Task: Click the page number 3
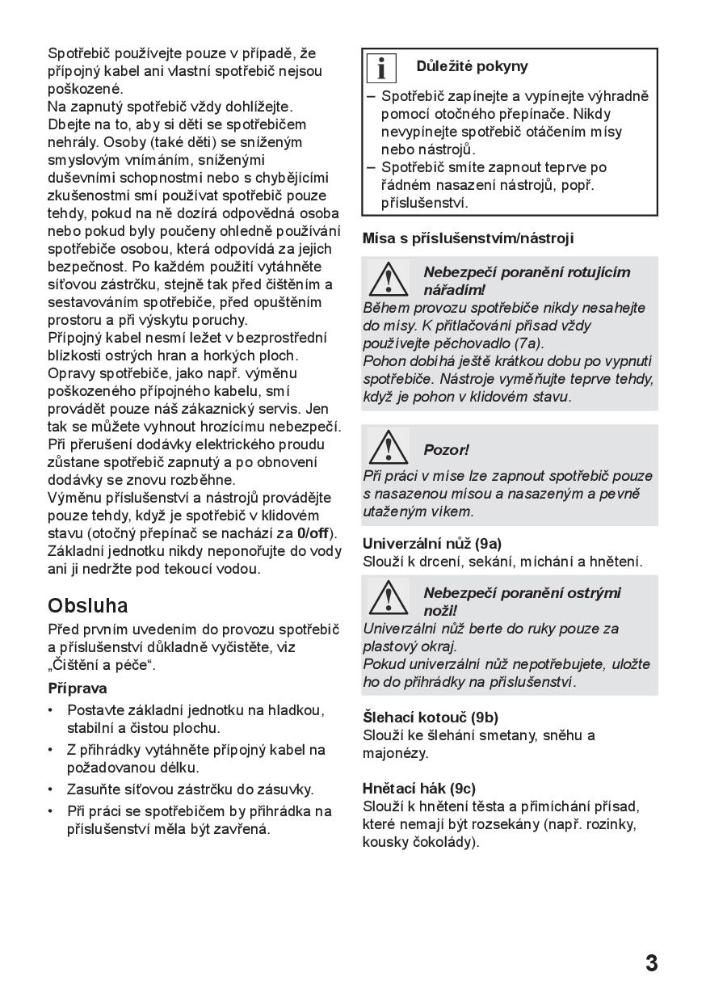coord(651,963)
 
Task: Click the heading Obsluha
coord(88,605)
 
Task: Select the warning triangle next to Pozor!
coord(388,447)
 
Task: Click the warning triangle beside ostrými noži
coord(388,599)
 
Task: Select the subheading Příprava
coord(78,688)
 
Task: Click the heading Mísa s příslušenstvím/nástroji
coord(468,238)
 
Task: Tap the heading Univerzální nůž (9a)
coord(432,543)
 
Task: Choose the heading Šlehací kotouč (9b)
coord(431,717)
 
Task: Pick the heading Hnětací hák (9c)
coord(419,788)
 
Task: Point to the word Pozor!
coord(446,450)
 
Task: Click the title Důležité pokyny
coord(473,66)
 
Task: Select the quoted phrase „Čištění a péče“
coord(102,666)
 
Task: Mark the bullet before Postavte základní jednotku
coord(52,710)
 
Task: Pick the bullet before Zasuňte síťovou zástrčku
coord(52,789)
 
